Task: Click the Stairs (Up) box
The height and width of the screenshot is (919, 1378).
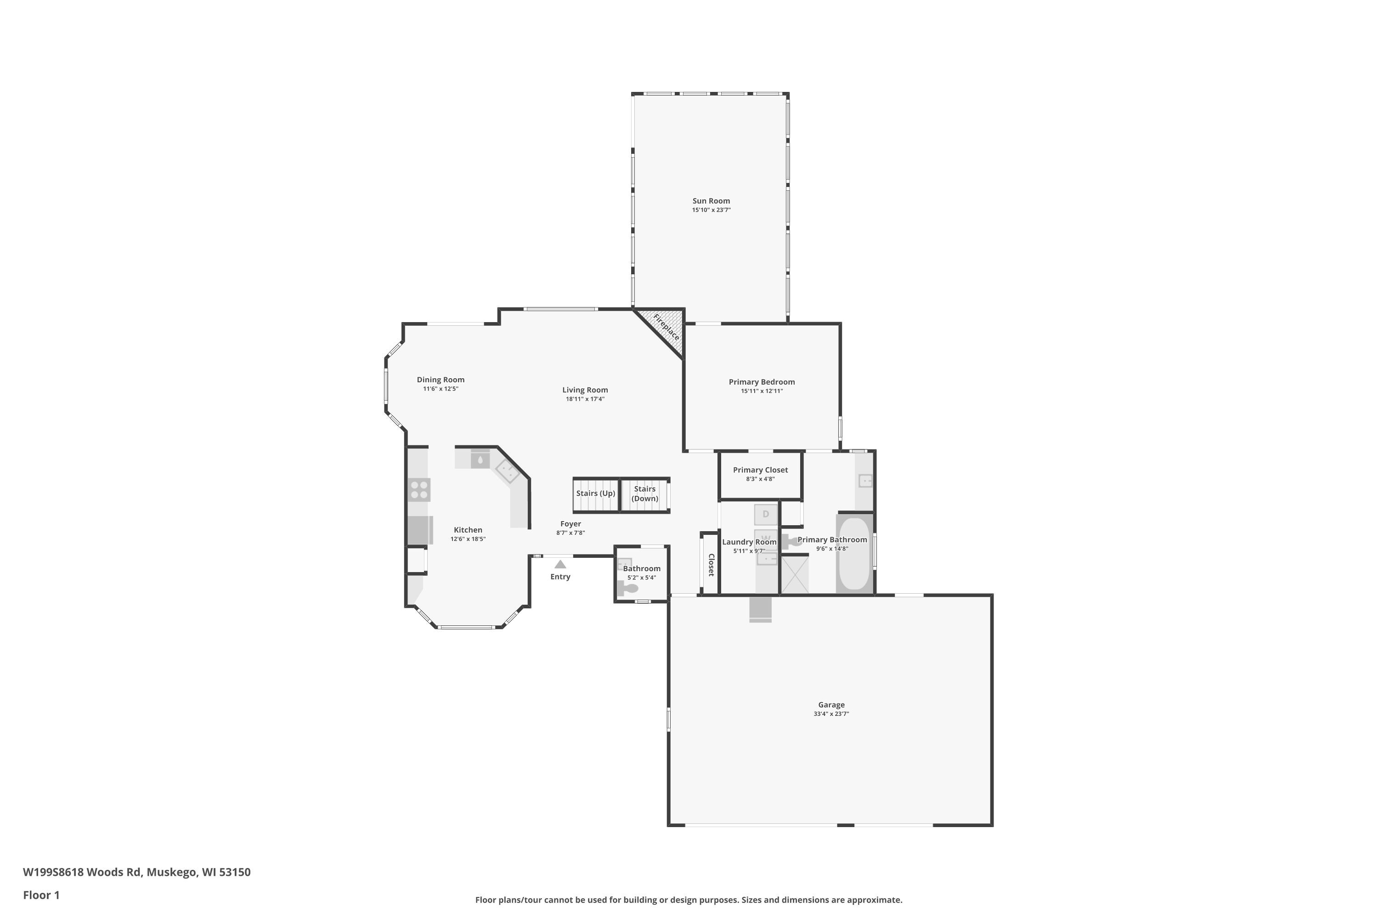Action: tap(595, 494)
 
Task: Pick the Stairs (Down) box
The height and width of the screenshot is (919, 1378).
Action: tap(644, 494)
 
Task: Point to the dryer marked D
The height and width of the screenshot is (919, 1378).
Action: tap(765, 515)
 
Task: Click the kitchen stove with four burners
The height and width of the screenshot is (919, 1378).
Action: tap(419, 490)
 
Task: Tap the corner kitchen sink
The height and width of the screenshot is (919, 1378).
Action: tap(507, 471)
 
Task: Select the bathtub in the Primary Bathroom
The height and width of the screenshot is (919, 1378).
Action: tap(854, 554)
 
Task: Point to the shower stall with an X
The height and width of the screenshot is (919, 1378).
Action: tap(795, 575)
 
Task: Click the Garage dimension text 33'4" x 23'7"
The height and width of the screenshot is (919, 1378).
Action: tap(831, 714)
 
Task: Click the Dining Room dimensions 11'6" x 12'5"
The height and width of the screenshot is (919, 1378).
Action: tap(441, 389)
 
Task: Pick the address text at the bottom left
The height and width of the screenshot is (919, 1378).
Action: tap(136, 872)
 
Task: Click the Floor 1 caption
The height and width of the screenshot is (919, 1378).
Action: tap(41, 895)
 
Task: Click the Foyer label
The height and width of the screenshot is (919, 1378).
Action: tap(570, 524)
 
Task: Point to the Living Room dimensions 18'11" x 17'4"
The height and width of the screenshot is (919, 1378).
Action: tap(585, 399)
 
